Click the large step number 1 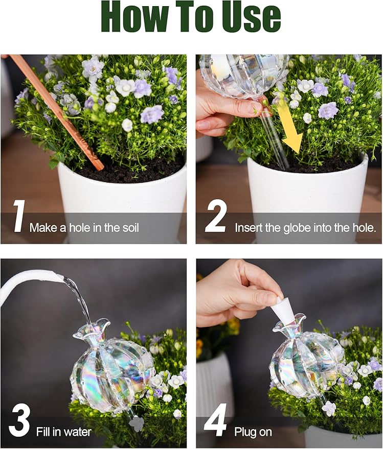19,217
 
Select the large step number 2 215,217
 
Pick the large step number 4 215,421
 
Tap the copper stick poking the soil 56,110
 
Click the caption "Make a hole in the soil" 84,228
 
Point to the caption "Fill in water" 63,432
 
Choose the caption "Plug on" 253,432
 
